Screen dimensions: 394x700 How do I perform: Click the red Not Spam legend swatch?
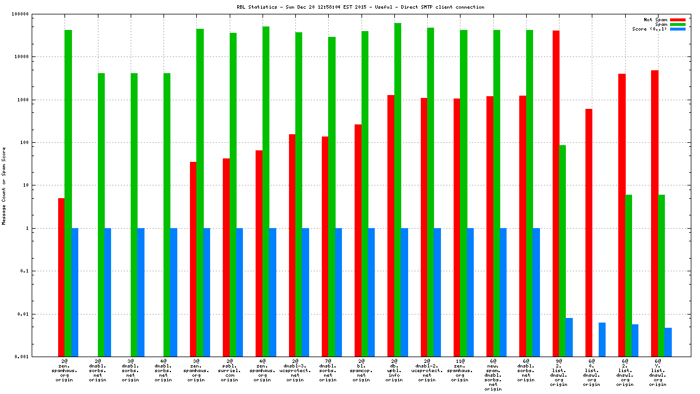pyautogui.click(x=678, y=20)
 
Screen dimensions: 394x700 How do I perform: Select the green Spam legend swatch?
pyautogui.click(x=678, y=24)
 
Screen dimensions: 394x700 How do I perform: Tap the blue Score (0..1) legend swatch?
pyautogui.click(x=678, y=29)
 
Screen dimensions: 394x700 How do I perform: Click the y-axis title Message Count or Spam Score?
pyautogui.click(x=4, y=185)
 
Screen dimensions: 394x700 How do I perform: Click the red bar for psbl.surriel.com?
pyautogui.click(x=226, y=257)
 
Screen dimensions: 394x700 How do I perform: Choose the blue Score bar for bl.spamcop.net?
pyautogui.click(x=371, y=292)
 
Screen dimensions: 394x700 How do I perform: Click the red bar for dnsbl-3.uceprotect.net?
pyautogui.click(x=292, y=245)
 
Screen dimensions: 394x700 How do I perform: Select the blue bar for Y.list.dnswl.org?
pyautogui.click(x=668, y=342)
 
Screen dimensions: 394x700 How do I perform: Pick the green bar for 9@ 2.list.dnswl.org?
pyautogui.click(x=562, y=251)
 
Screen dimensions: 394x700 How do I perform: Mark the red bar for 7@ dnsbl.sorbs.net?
pyautogui.click(x=325, y=247)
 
